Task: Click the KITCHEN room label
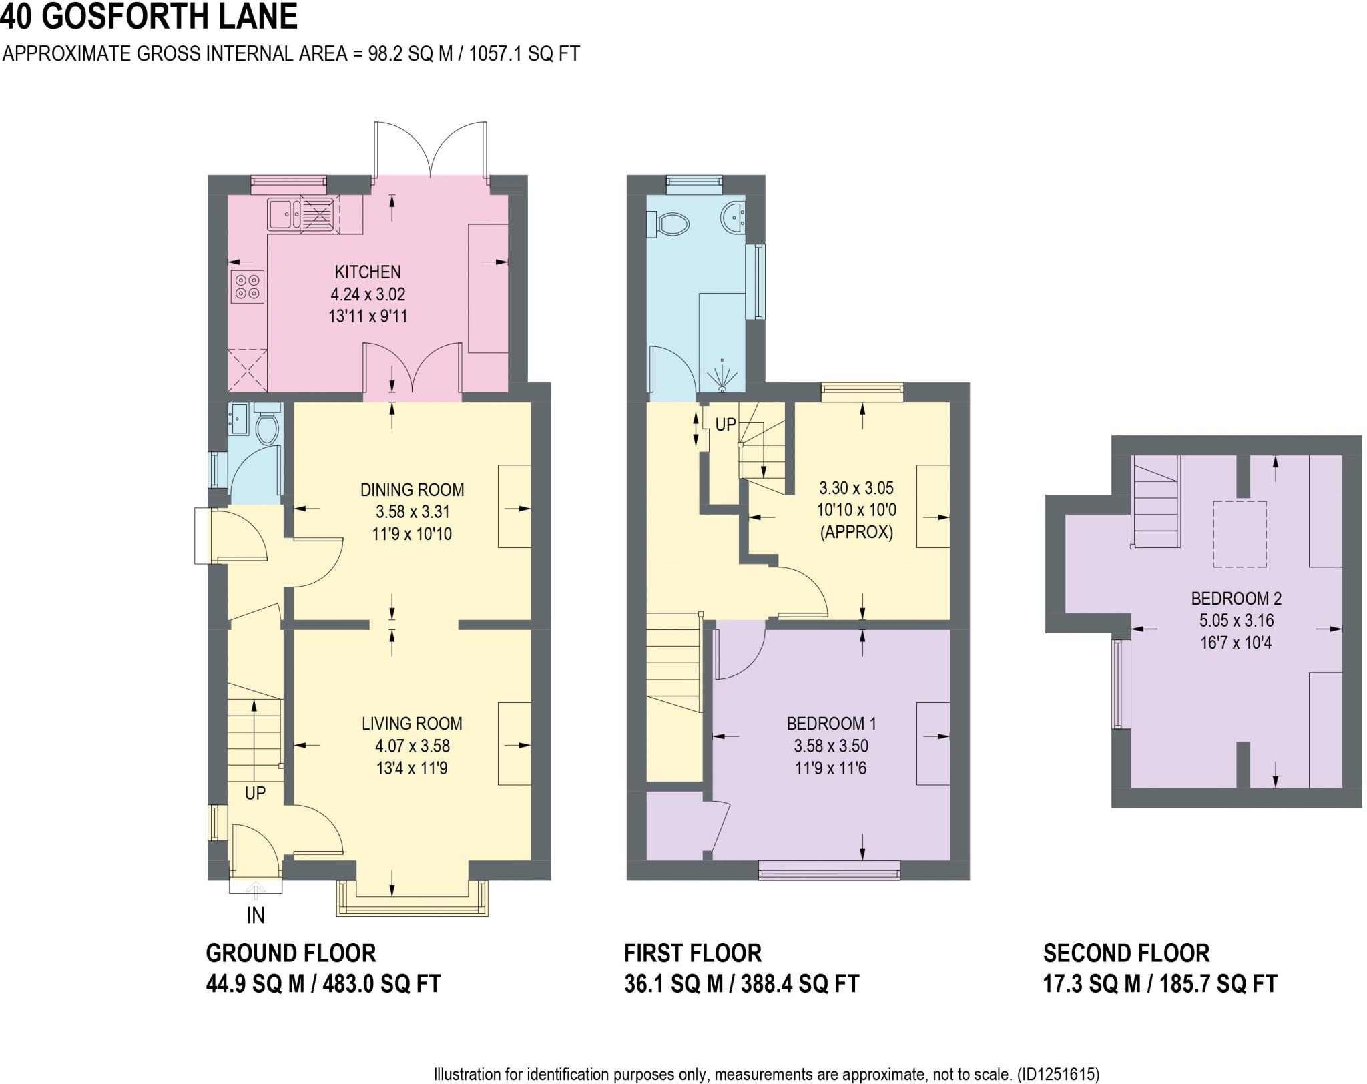click(x=367, y=272)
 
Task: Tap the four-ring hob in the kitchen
click(x=247, y=286)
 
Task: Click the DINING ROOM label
click(x=412, y=489)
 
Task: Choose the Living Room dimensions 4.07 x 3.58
click(x=412, y=746)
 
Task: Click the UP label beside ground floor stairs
click(x=255, y=793)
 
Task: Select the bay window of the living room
click(x=412, y=901)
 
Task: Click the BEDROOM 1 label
click(x=830, y=723)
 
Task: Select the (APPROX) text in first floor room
click(x=856, y=532)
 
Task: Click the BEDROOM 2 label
click(x=1236, y=598)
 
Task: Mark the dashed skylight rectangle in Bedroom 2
click(x=1240, y=534)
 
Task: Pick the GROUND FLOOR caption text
click(x=290, y=953)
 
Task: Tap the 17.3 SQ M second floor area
click(x=1091, y=984)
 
